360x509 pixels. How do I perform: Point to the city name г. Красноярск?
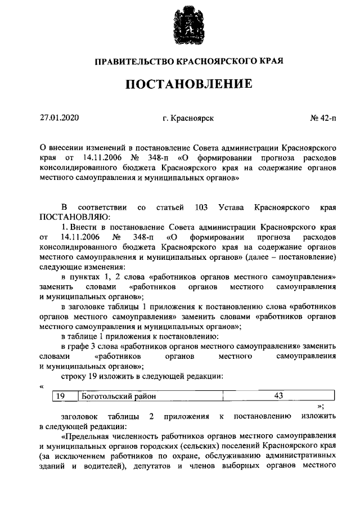[x=188, y=118]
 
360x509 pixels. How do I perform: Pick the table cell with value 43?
[x=278, y=396]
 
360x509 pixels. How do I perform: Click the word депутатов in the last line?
[x=180, y=466]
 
